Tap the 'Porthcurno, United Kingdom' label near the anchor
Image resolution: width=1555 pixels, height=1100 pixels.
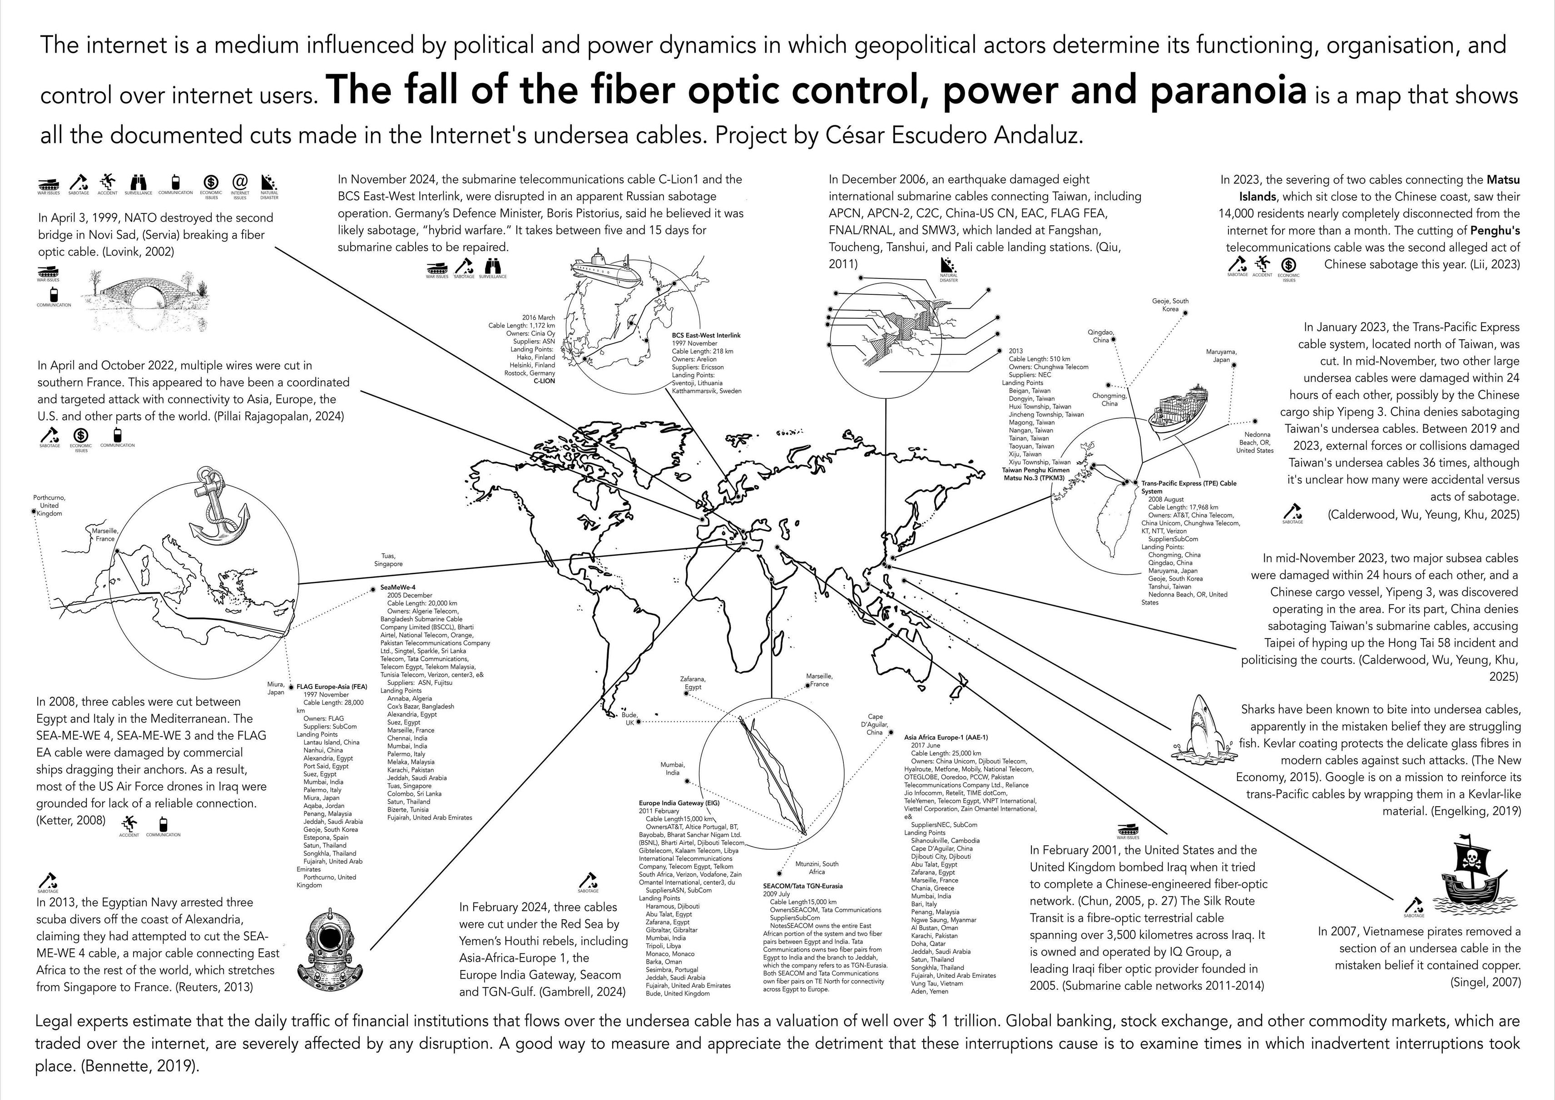(x=49, y=505)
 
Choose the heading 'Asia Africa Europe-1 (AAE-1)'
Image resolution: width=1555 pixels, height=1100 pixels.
(x=946, y=737)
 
